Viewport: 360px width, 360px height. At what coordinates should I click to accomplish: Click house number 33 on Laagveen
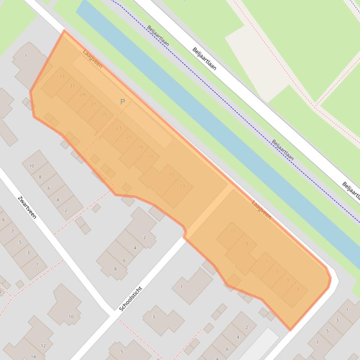[62, 76]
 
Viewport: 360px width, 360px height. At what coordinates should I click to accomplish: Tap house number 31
[72, 86]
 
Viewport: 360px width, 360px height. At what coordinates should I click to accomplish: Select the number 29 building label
[83, 95]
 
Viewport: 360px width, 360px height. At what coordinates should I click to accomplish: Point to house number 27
[93, 105]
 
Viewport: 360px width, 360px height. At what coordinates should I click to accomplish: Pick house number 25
[104, 114]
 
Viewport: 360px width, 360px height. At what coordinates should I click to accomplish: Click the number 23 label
[118, 128]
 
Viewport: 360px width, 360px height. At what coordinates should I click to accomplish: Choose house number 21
[129, 137]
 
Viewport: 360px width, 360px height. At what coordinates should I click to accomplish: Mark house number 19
[140, 147]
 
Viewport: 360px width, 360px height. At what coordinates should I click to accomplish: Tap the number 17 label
[151, 157]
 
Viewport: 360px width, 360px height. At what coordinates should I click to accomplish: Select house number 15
[172, 175]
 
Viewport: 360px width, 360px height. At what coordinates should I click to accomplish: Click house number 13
[183, 186]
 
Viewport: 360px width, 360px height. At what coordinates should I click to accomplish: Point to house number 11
[233, 231]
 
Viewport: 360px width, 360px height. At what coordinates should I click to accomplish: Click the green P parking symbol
[123, 101]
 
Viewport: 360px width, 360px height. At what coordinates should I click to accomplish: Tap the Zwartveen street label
[27, 207]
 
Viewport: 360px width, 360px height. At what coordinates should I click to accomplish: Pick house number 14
[33, 357]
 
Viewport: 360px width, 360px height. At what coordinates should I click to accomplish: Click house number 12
[44, 346]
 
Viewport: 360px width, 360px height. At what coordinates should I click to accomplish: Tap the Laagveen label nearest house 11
[261, 210]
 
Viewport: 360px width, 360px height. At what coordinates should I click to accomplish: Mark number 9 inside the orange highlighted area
[247, 244]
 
